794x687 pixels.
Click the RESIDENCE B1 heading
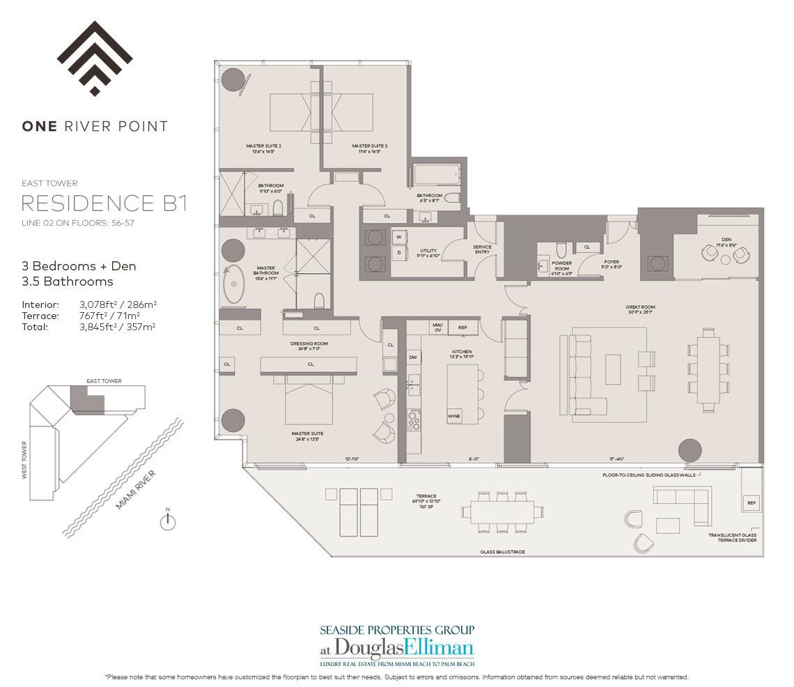tap(104, 203)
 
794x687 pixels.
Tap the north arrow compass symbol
tap(167, 522)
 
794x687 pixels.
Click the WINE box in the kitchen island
tap(454, 416)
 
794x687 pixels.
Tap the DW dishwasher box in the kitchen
tap(413, 357)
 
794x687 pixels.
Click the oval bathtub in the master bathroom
tap(234, 284)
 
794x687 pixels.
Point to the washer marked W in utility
tap(399, 237)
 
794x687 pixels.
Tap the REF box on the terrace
tap(751, 502)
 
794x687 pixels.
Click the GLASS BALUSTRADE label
tap(502, 551)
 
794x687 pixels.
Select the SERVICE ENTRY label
tap(482, 249)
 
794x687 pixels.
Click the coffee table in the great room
tap(613, 369)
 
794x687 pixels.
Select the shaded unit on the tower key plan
tap(87, 398)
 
